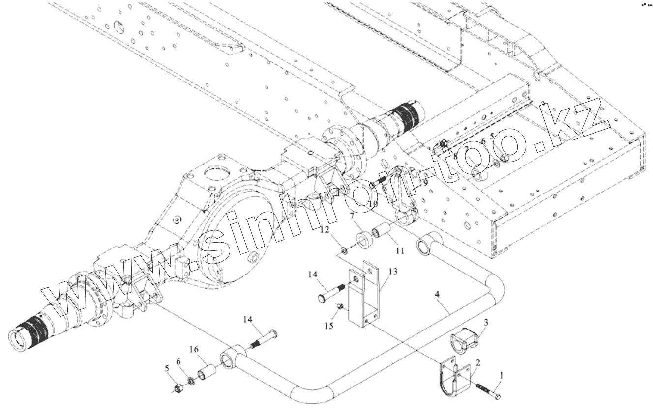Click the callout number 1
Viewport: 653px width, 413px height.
pyautogui.click(x=501, y=376)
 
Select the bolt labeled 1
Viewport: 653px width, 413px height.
pyautogui.click(x=488, y=391)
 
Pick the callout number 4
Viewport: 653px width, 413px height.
pyautogui.click(x=437, y=295)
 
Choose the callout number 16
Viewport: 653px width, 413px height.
pyautogui.click(x=194, y=349)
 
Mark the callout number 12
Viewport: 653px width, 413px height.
pyautogui.click(x=325, y=230)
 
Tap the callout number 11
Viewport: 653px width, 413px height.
pyautogui.click(x=400, y=250)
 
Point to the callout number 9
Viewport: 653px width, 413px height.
pyautogui.click(x=425, y=182)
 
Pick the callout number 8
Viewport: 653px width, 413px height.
pyautogui.click(x=455, y=157)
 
